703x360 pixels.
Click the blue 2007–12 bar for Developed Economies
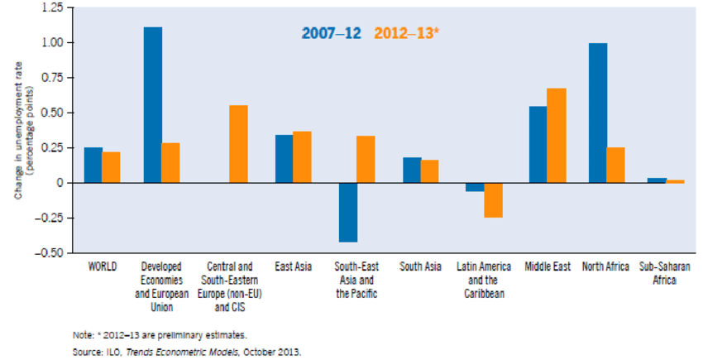tap(153, 105)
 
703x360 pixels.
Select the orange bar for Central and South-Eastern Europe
tap(238, 144)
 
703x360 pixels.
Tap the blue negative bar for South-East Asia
tap(348, 213)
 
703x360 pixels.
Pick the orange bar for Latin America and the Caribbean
tap(493, 200)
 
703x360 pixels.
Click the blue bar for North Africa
tap(598, 113)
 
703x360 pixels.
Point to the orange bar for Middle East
tap(557, 136)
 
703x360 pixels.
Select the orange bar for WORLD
tap(111, 167)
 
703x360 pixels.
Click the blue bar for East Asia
tap(285, 159)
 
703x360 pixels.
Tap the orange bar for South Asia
tap(429, 171)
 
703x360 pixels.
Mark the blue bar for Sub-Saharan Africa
tap(657, 180)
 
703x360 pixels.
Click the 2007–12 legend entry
tap(332, 33)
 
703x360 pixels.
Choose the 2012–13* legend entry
tap(407, 33)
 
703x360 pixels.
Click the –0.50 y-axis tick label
tap(49, 253)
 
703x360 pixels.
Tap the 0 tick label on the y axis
tap(60, 183)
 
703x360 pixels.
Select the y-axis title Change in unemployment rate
tap(18, 130)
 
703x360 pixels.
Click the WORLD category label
tap(103, 266)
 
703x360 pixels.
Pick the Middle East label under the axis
tap(548, 266)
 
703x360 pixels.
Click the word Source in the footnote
tap(84, 351)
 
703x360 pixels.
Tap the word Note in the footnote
tap(81, 335)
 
